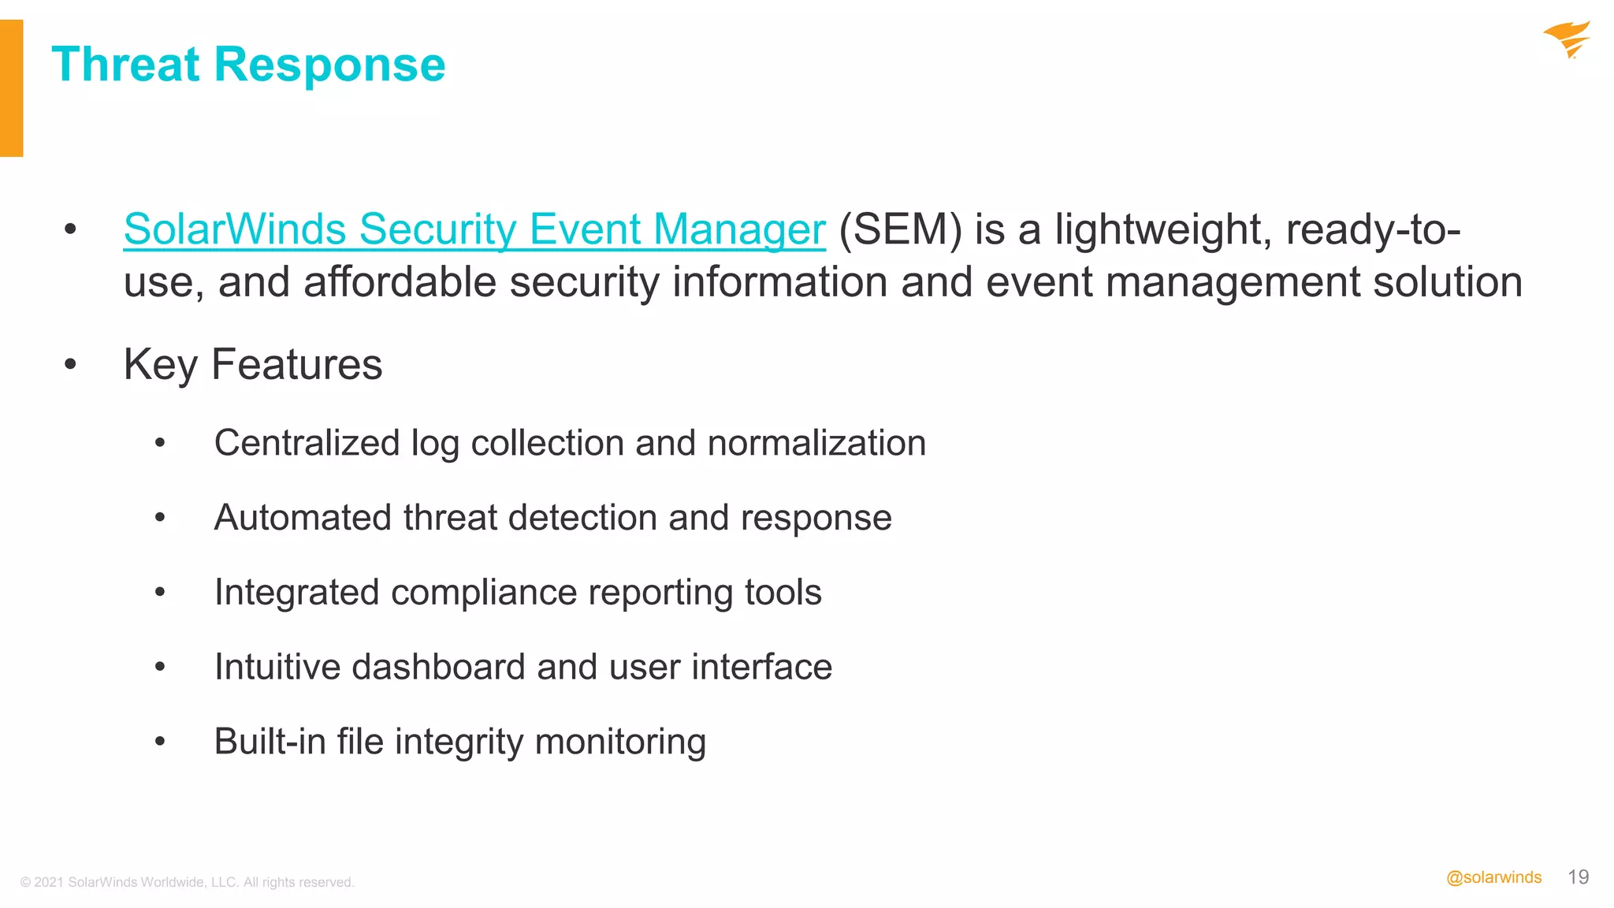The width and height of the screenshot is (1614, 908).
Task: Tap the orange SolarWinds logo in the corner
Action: point(1567,39)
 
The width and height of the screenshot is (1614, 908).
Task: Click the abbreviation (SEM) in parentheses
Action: point(900,230)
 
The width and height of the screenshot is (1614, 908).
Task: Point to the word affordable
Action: point(400,282)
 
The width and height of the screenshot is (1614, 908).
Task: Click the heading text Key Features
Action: point(253,365)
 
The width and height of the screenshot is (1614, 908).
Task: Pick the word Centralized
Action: point(307,443)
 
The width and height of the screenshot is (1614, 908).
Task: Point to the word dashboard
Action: point(437,667)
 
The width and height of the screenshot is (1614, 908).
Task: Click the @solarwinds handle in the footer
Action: point(1493,878)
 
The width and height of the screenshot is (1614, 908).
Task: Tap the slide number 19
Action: point(1579,877)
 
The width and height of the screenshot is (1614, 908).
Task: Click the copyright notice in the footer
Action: point(188,883)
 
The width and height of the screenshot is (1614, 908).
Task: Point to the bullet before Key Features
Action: point(71,364)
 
